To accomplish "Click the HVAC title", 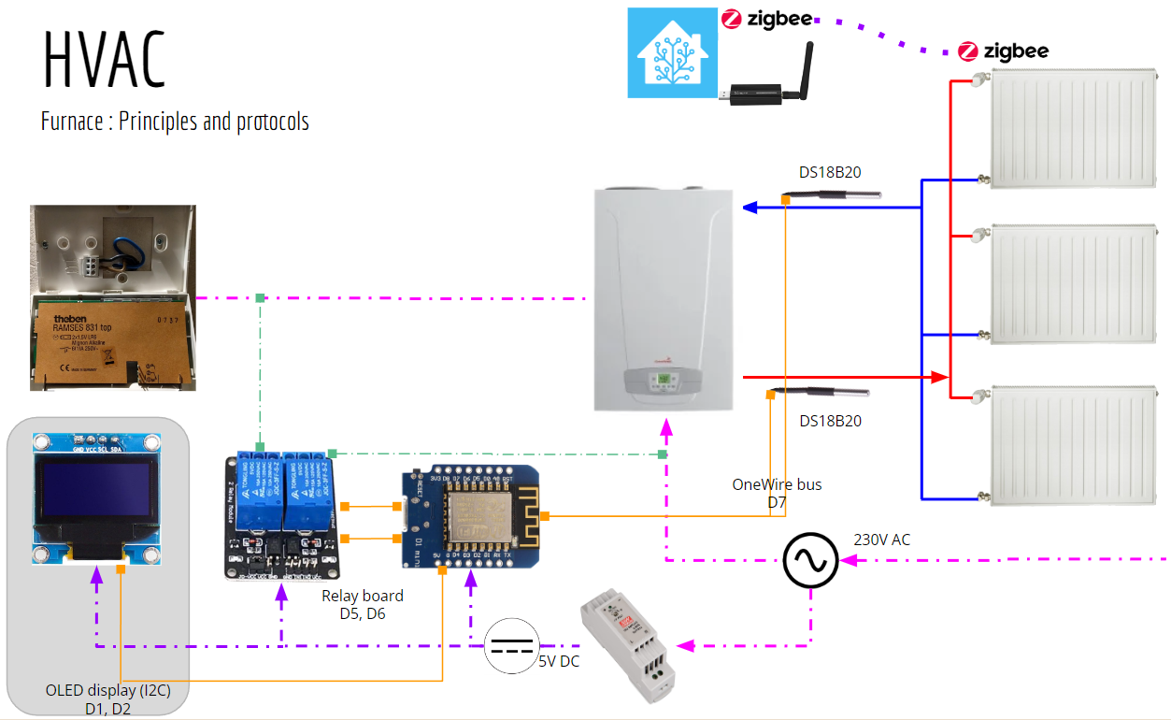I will click(105, 58).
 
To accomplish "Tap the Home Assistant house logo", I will click(672, 52).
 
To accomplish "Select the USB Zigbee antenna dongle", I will click(768, 79).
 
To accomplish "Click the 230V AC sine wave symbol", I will click(809, 560).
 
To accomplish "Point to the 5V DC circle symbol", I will click(512, 645).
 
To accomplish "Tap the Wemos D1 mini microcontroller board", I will click(470, 517).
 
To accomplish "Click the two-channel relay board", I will click(282, 515).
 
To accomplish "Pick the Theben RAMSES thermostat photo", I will click(113, 297).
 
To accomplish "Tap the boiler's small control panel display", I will click(664, 381).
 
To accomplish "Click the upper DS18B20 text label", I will click(830, 172).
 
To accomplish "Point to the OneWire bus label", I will click(777, 484).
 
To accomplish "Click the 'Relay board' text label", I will click(363, 596).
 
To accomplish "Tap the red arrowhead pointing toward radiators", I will click(941, 377).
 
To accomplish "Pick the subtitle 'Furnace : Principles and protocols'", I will click(175, 122).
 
